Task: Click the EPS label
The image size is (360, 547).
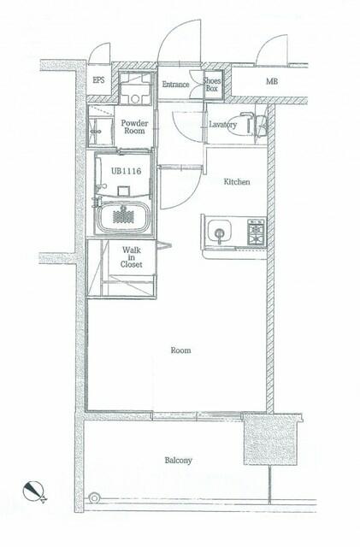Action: tap(98, 79)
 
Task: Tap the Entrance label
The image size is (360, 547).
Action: tap(175, 85)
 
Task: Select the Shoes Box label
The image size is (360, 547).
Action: tap(212, 85)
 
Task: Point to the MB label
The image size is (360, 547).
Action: tap(272, 82)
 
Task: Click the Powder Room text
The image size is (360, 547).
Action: tap(134, 127)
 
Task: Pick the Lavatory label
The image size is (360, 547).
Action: tap(223, 125)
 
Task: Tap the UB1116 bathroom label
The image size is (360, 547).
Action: tap(126, 171)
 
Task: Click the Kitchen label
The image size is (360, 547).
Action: tap(237, 182)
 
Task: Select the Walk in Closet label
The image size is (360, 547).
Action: tap(132, 257)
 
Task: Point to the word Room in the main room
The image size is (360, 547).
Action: tap(181, 350)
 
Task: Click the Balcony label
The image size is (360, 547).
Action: tap(179, 461)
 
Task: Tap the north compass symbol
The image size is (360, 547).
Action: tap(33, 491)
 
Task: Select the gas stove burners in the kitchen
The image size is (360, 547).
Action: tap(257, 231)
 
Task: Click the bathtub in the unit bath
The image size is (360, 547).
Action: tap(123, 216)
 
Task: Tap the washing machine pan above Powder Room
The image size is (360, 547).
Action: tap(135, 88)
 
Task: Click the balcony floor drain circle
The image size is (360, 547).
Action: tap(93, 497)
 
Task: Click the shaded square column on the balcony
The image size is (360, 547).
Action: tap(270, 439)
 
